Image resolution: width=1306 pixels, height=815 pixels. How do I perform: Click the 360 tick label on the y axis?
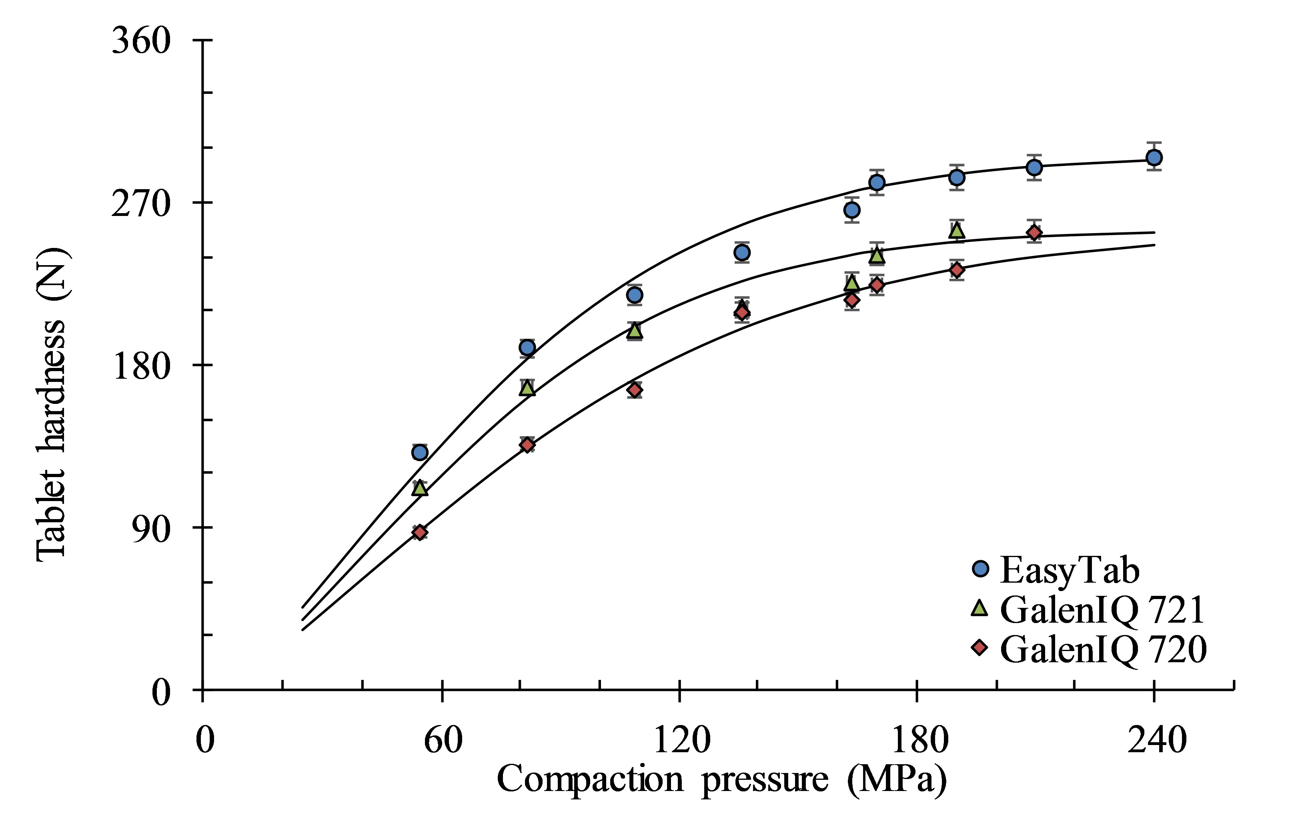coord(141,41)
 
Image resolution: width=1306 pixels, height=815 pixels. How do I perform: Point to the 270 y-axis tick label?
coord(141,204)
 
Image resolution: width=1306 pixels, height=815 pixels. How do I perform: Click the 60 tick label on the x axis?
coord(443,740)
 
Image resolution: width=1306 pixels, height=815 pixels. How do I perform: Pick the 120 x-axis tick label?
coord(681,740)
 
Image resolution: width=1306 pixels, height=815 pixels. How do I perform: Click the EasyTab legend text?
coord(1070,570)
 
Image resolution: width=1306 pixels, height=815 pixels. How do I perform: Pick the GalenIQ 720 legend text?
coord(1103,649)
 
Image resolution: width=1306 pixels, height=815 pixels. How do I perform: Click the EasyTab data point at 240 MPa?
coord(1154,158)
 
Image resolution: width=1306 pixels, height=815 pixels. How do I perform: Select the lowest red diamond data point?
coord(420,532)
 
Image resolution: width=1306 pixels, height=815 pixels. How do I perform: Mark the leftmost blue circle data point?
coord(419,452)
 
